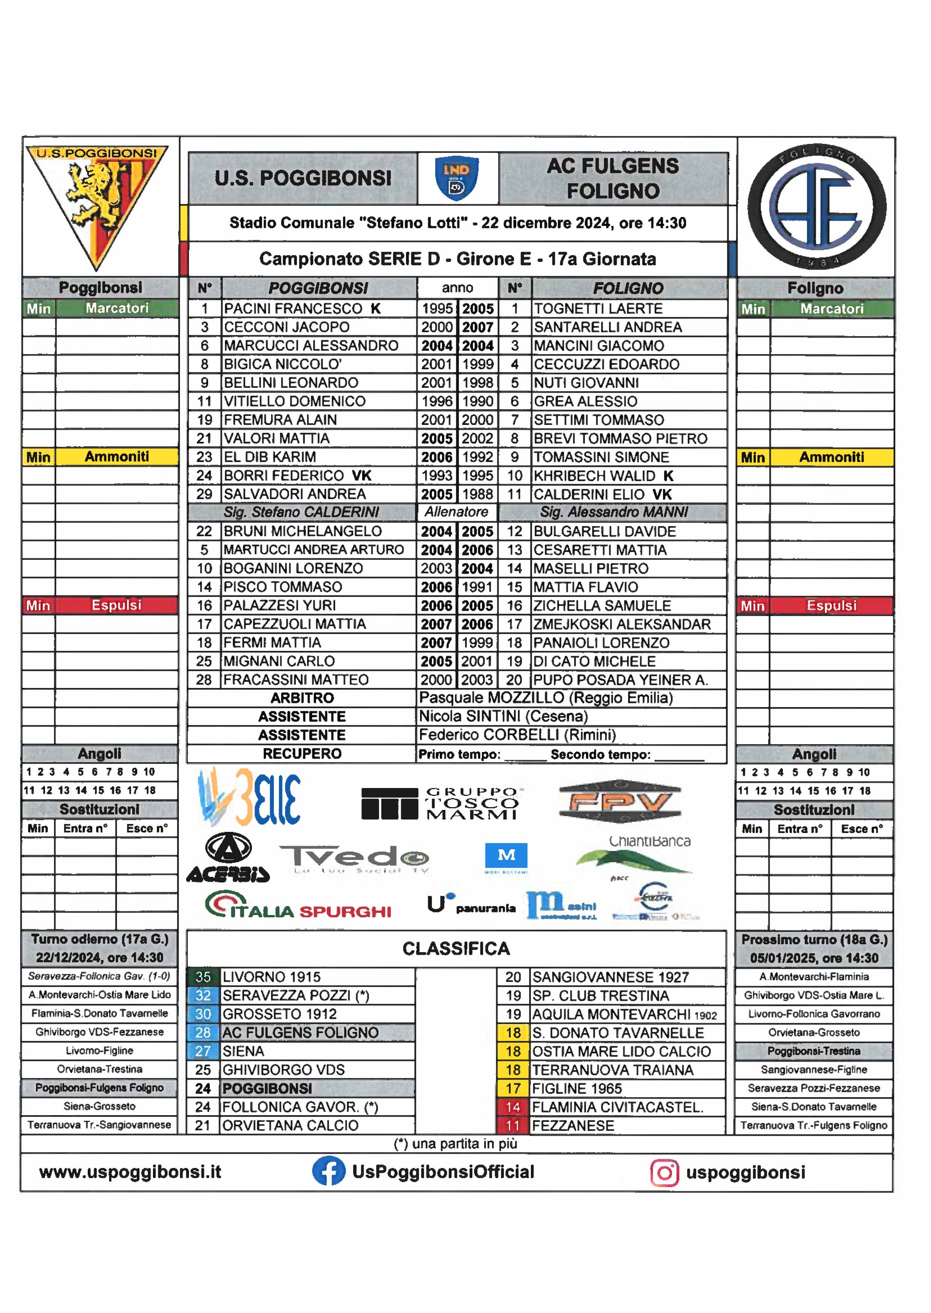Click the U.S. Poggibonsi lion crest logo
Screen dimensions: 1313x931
tap(96, 203)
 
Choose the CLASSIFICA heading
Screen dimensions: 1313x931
tap(456, 949)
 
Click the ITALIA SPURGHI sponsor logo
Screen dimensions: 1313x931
tap(298, 907)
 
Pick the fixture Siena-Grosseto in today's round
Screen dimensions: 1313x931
tap(99, 1106)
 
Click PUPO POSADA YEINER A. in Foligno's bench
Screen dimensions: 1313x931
tap(620, 680)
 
